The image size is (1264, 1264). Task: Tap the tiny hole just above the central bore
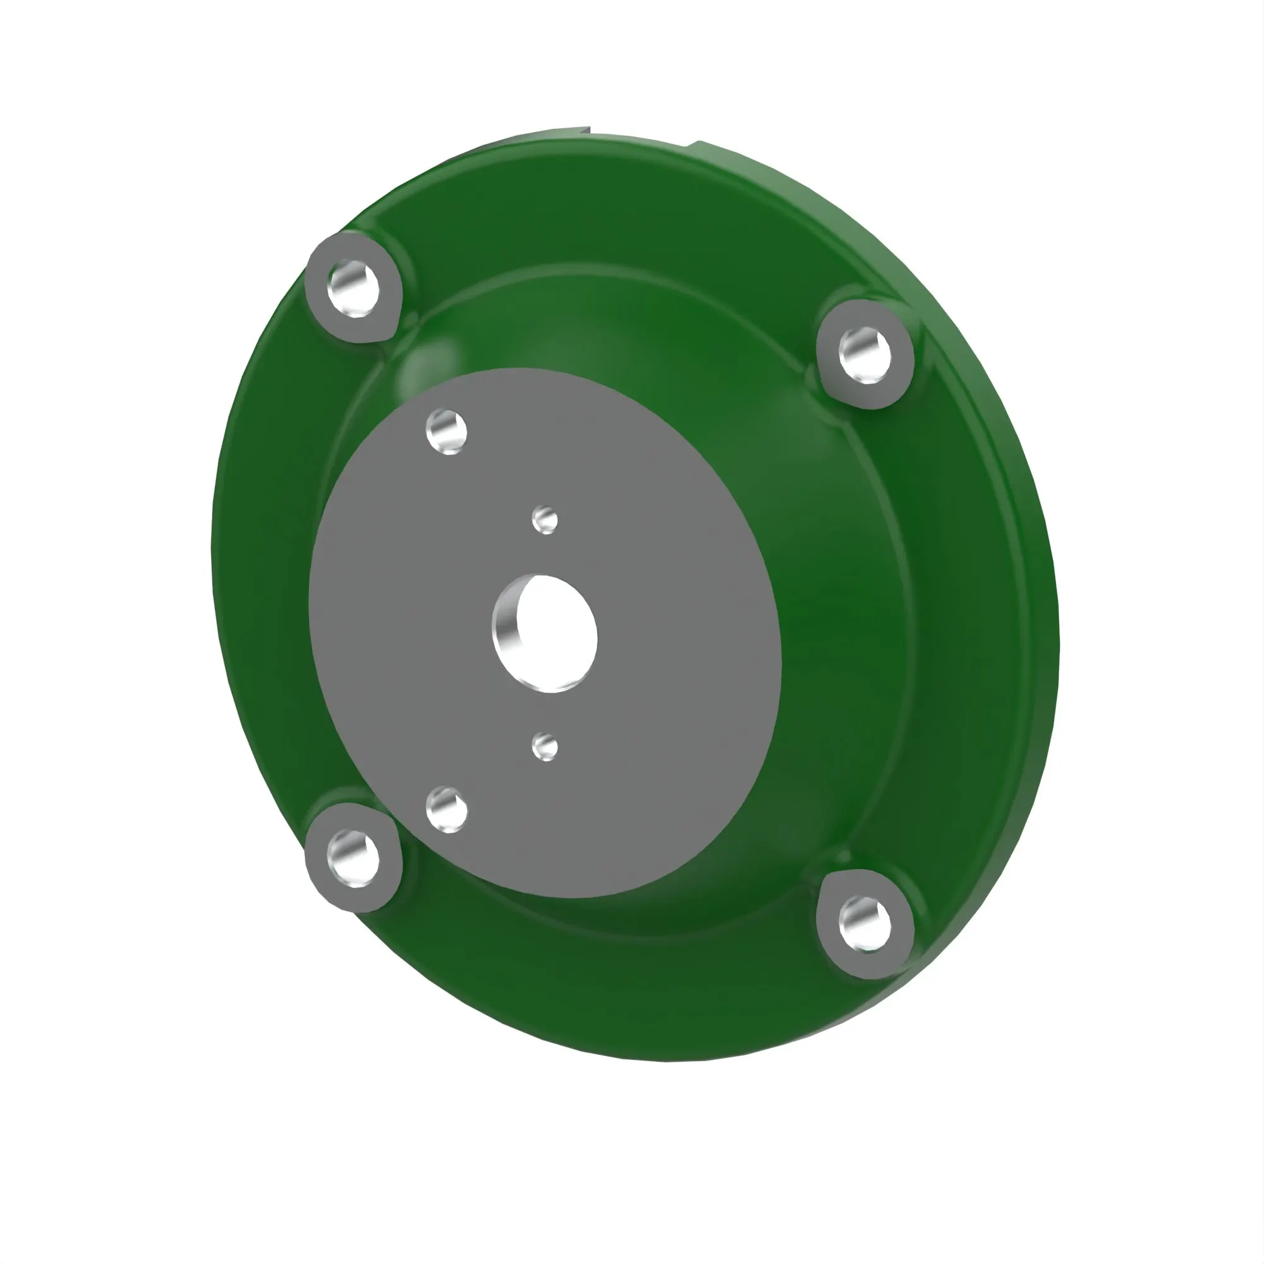tap(545, 521)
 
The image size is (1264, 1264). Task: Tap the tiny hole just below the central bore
tap(545, 747)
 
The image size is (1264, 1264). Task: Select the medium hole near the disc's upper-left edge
tap(447, 432)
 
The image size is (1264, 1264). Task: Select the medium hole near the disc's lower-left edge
tap(447, 809)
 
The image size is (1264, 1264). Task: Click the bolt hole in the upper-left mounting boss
tap(354, 288)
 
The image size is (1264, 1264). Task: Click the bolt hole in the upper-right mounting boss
tap(865, 355)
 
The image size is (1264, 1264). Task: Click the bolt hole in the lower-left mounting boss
tap(354, 858)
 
